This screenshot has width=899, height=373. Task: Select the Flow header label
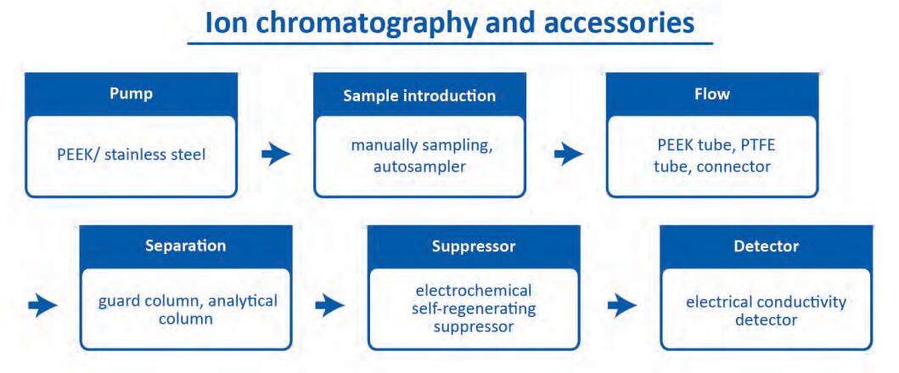(711, 93)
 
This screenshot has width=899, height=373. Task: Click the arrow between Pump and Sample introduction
(276, 154)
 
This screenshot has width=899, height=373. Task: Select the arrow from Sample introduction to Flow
(568, 154)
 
